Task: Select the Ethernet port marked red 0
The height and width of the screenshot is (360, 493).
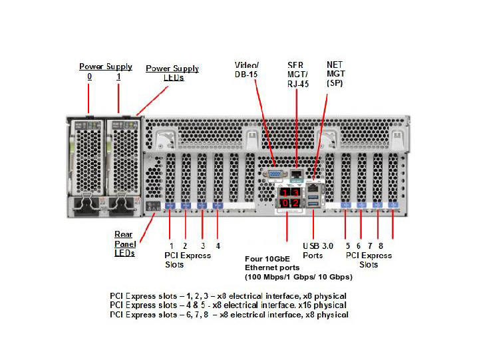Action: tap(285, 202)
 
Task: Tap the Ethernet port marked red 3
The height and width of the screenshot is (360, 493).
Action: tap(295, 193)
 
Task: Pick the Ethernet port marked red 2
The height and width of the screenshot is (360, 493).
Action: tap(295, 202)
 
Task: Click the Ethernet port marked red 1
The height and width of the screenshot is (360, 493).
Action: tap(285, 193)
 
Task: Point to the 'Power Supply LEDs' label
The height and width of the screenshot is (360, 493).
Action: tap(172, 73)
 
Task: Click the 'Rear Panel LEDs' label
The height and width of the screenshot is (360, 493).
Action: tap(124, 243)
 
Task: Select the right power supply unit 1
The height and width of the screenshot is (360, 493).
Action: tap(120, 153)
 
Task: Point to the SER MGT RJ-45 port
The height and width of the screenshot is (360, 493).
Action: tap(297, 174)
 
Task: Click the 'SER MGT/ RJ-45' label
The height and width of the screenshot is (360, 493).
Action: tap(298, 75)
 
